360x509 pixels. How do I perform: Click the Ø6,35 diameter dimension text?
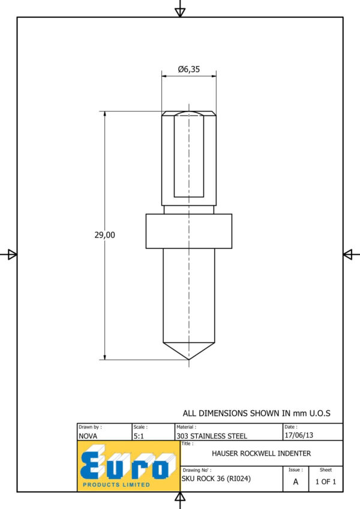tap(189, 69)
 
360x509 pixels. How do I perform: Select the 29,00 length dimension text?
tap(104, 235)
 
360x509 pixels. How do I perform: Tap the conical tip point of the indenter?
tap(189, 359)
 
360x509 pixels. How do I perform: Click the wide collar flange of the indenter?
tap(189, 231)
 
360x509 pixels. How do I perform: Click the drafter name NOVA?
tap(88, 436)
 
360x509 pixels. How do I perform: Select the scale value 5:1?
tap(139, 436)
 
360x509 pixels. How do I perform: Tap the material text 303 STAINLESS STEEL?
tap(212, 436)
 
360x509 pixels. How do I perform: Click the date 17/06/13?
tap(299, 435)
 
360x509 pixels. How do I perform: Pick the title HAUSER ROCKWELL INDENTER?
tap(261, 453)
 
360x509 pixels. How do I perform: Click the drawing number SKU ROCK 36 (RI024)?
tap(216, 478)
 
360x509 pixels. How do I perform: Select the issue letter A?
tap(296, 482)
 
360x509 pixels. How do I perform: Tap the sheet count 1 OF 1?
tap(326, 482)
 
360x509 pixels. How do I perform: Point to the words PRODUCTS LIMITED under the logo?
tap(116, 484)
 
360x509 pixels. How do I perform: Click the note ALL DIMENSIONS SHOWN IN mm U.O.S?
tap(256, 413)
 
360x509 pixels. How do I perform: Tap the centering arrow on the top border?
tap(180, 12)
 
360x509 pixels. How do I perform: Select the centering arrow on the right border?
tap(347, 254)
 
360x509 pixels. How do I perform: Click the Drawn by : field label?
tap(90, 427)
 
